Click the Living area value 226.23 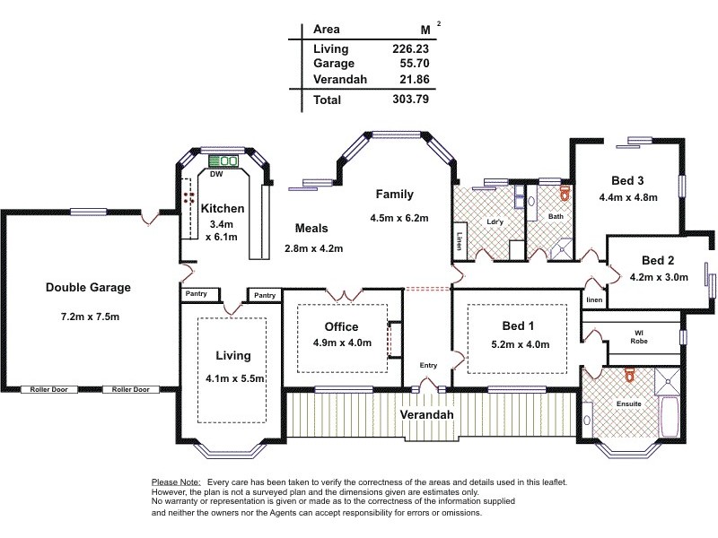coord(411,48)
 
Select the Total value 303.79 coord(411,100)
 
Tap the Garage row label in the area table coord(334,64)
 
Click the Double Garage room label coord(88,288)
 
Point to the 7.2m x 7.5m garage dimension coord(88,317)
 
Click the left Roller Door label coord(51,390)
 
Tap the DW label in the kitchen coord(215,174)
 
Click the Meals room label coord(311,229)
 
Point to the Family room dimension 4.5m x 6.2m coord(398,218)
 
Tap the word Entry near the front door coord(428,365)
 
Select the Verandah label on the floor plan coord(427,414)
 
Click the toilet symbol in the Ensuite coord(629,375)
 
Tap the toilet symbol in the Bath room coord(564,192)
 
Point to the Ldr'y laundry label coord(494,221)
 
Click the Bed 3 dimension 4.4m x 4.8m coord(628,197)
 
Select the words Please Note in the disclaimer coord(177,482)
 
